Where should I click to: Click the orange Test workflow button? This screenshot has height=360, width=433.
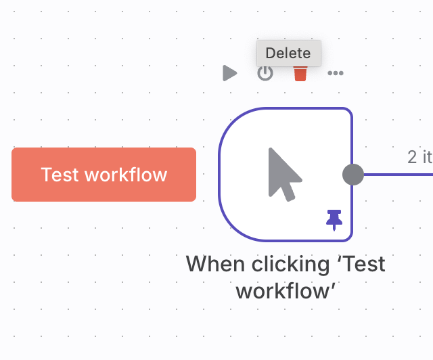point(104,175)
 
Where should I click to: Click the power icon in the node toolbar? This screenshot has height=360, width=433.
point(265,73)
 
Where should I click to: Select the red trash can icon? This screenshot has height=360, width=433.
point(300,73)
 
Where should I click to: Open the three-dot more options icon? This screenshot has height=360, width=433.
point(336,73)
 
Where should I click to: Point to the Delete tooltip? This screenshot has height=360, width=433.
point(288,53)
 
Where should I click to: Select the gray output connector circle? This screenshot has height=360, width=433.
point(353,175)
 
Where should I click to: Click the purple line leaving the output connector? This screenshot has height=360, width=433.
point(399,175)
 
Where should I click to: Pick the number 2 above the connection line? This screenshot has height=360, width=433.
point(413,157)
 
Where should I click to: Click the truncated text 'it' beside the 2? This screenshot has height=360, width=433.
point(427,157)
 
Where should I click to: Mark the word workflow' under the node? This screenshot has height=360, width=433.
point(286,291)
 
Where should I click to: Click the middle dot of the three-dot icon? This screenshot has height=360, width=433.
point(336,73)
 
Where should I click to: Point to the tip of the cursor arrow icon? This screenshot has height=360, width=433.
point(270,149)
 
